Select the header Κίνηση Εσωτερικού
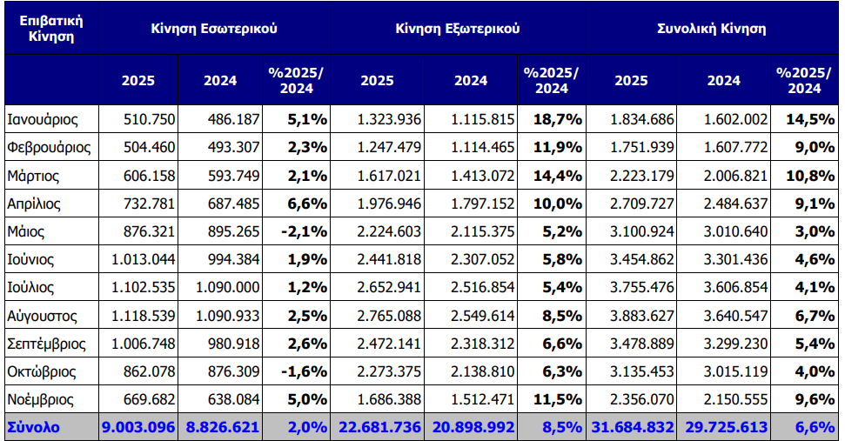pyautogui.click(x=213, y=28)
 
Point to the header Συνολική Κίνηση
pyautogui.click(x=711, y=28)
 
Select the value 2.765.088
pyautogui.click(x=391, y=316)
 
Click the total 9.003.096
pyautogui.click(x=138, y=428)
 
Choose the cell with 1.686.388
pyautogui.click(x=391, y=400)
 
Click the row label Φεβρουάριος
pyautogui.click(x=48, y=147)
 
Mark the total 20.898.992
pyautogui.click(x=472, y=428)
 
